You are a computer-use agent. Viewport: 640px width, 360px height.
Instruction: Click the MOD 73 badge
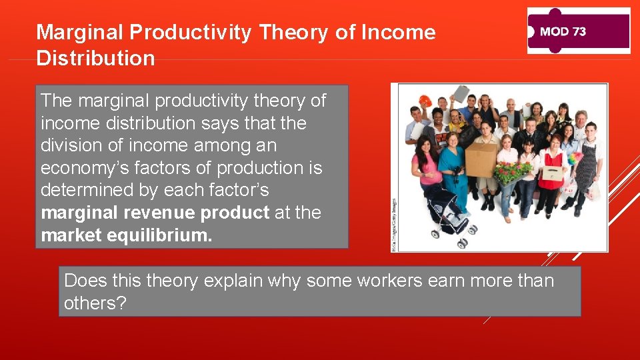[x=578, y=31]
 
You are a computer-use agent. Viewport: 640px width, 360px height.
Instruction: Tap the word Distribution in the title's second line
[x=95, y=58]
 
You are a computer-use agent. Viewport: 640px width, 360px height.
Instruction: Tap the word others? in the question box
[x=95, y=303]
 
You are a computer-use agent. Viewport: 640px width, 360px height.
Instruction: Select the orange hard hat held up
[x=424, y=101]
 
